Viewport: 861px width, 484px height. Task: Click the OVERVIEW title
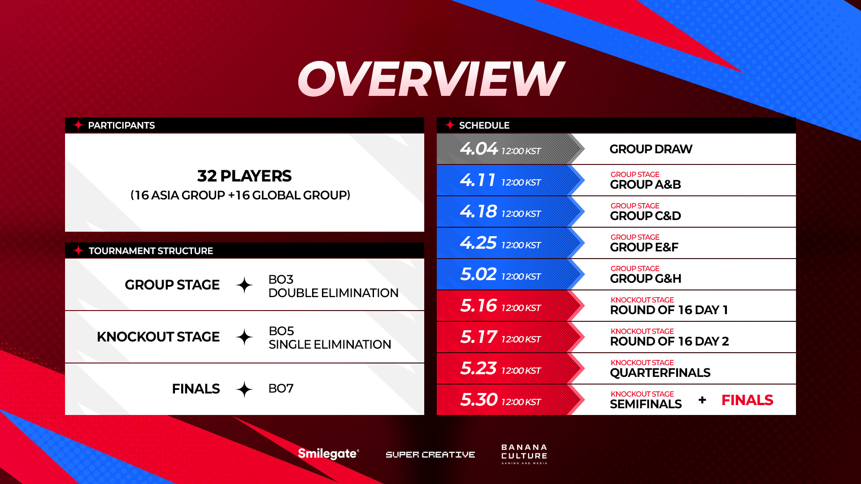pyautogui.click(x=430, y=79)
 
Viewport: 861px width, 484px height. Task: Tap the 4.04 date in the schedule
pyautogui.click(x=479, y=149)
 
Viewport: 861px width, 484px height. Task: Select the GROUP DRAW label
pyautogui.click(x=651, y=149)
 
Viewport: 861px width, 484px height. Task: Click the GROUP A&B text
pyautogui.click(x=645, y=185)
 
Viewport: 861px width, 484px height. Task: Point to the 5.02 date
pyautogui.click(x=478, y=274)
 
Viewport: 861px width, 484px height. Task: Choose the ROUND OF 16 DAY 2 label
pyautogui.click(x=670, y=341)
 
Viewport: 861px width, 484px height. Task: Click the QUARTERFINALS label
pyautogui.click(x=660, y=373)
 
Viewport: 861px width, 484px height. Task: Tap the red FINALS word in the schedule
pyautogui.click(x=747, y=400)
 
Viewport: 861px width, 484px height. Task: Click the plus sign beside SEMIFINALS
pyautogui.click(x=702, y=400)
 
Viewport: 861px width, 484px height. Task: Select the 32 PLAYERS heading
pyautogui.click(x=244, y=176)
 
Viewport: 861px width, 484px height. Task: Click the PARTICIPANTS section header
pyautogui.click(x=121, y=125)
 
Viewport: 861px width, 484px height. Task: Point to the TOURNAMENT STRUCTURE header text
pyautogui.click(x=151, y=251)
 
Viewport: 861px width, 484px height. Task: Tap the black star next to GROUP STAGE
pyautogui.click(x=244, y=285)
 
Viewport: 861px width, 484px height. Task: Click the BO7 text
pyautogui.click(x=281, y=389)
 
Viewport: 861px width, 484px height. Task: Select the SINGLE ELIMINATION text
pyautogui.click(x=330, y=345)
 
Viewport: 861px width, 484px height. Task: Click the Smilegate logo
pyautogui.click(x=328, y=454)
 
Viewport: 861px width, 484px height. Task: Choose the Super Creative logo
pyautogui.click(x=430, y=455)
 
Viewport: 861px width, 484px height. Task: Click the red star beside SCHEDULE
pyautogui.click(x=450, y=125)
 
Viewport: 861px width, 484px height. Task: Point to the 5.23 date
pyautogui.click(x=478, y=368)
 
